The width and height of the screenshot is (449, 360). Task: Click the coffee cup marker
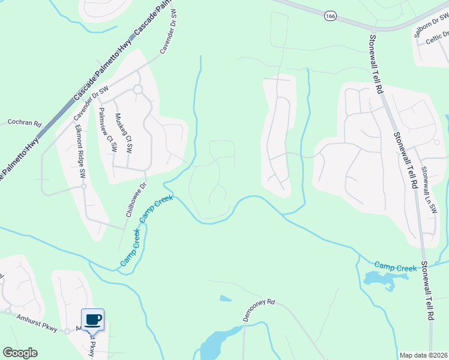92,319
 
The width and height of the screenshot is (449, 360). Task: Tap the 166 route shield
330,16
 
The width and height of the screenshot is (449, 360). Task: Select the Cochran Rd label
24,122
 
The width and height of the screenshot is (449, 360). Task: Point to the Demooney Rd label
258,302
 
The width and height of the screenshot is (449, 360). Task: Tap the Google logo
20,353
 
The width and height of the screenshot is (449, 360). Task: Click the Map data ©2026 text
423,355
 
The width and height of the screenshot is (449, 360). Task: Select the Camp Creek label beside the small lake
395,266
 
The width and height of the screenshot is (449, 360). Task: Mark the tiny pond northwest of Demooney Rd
226,298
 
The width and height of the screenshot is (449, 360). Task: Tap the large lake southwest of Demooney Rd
213,345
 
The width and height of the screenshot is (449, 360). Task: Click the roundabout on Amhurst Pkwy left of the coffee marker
7,311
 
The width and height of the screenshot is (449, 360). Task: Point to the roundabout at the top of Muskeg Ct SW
137,89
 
